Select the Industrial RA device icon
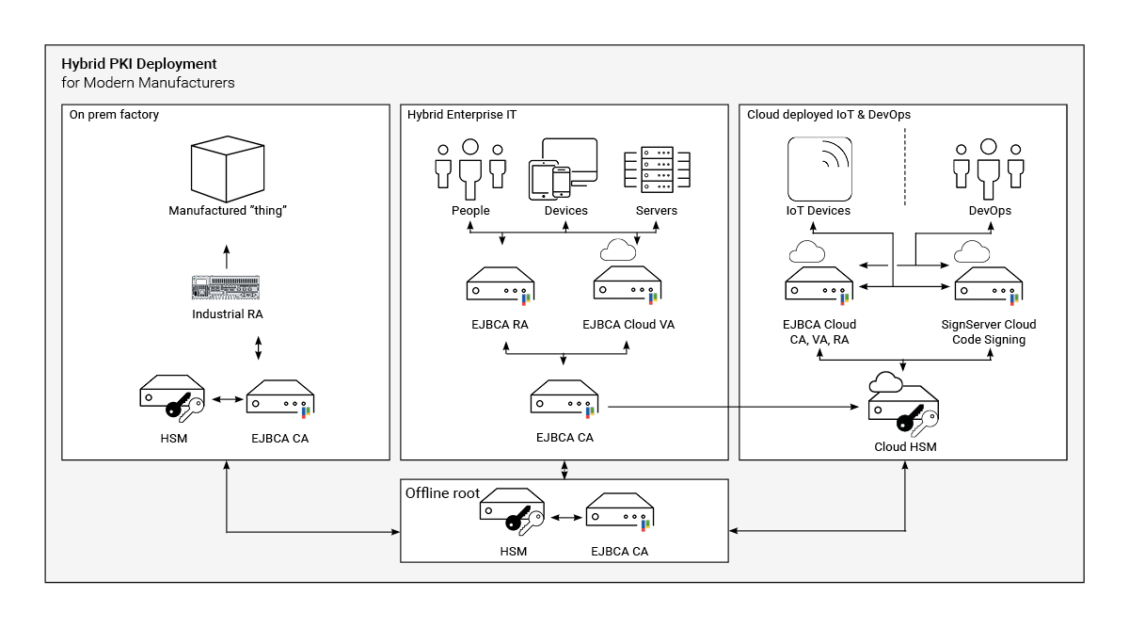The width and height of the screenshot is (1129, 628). click(x=226, y=286)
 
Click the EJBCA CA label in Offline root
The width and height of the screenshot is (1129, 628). click(x=619, y=552)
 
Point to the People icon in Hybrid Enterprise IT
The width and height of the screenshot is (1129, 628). click(x=469, y=169)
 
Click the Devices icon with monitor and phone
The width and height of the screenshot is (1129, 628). click(x=564, y=168)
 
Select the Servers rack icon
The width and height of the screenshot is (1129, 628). click(x=656, y=169)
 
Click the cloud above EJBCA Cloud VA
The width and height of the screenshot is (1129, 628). click(x=617, y=250)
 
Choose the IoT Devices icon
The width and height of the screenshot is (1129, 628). click(x=819, y=169)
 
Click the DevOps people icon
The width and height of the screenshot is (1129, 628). click(x=989, y=169)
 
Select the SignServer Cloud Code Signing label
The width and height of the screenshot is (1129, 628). click(x=989, y=332)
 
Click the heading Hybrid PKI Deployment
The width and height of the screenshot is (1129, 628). click(x=138, y=64)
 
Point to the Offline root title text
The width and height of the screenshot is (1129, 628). click(x=442, y=493)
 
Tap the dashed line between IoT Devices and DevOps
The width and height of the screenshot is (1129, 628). click(x=903, y=167)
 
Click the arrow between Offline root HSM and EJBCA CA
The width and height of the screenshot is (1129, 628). click(x=564, y=517)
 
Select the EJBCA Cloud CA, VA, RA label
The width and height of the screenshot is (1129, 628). click(x=819, y=332)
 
